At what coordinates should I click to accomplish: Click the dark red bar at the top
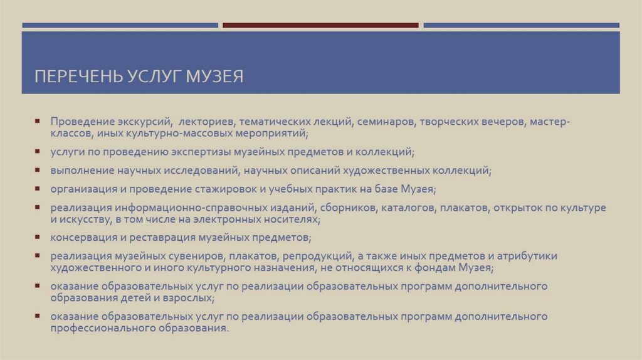[x=320, y=26]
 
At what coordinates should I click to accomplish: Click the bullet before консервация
[x=39, y=238]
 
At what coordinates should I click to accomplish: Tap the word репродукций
[x=315, y=257]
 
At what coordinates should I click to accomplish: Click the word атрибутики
[x=525, y=257]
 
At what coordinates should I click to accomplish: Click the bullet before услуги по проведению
[x=39, y=152]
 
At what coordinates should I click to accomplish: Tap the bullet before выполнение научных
[x=39, y=170]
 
